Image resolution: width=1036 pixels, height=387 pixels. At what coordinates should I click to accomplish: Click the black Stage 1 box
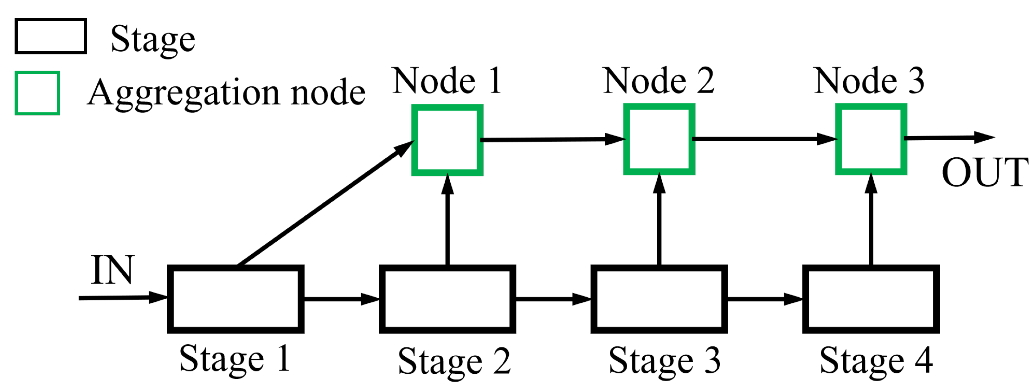pos(236,299)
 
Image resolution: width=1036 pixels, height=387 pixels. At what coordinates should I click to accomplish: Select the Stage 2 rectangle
pos(447,299)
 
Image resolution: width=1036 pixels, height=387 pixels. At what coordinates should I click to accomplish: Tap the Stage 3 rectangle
pos(659,299)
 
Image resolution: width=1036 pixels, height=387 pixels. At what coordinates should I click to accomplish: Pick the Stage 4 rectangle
pos(871,299)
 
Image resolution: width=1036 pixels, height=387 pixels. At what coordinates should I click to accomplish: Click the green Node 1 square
pos(447,140)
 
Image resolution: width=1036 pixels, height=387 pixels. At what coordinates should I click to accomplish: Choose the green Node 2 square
pos(659,139)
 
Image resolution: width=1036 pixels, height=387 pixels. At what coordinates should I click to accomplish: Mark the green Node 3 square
pos(871,139)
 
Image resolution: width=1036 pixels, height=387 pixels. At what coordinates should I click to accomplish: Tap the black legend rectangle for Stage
pos(51,36)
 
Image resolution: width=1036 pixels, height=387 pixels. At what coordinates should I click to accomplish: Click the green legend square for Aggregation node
pos(37,93)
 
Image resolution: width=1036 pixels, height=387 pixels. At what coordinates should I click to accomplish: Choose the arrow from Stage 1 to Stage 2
pos(341,299)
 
